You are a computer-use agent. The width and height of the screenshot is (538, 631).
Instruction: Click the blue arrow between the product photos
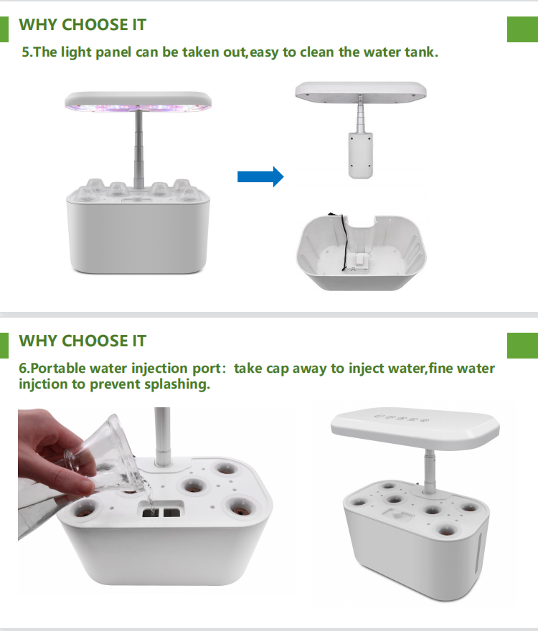pyautogui.click(x=260, y=176)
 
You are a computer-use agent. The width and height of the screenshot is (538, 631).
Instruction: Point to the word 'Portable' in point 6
pyautogui.click(x=58, y=369)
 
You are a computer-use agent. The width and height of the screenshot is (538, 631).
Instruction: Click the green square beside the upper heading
pyautogui.click(x=522, y=28)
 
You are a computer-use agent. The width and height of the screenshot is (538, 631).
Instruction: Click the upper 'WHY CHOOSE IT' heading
pyautogui.click(x=82, y=25)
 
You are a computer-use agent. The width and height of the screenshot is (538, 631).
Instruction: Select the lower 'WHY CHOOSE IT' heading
pyautogui.click(x=82, y=341)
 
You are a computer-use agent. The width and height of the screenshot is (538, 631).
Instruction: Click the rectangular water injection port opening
pyautogui.click(x=159, y=511)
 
